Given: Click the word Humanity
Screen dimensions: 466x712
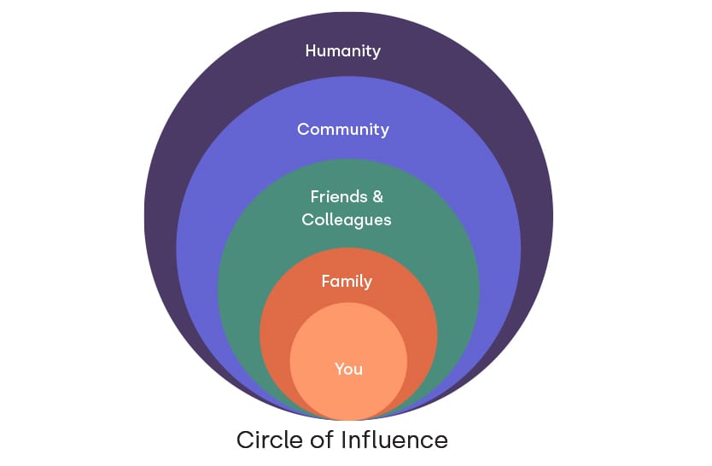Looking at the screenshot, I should click(342, 51).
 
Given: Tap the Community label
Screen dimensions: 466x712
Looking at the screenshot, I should click(342, 130).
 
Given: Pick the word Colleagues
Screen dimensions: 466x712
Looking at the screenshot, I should click(347, 220).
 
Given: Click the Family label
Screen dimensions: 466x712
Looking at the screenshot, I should click(347, 281).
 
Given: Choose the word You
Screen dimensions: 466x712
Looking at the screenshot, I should click(348, 369).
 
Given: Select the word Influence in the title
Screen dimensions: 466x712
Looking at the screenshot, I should click(394, 440).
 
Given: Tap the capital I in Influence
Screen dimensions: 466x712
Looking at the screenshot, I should click(342, 440).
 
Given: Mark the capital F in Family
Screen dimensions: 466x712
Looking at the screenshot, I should click(325, 281).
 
